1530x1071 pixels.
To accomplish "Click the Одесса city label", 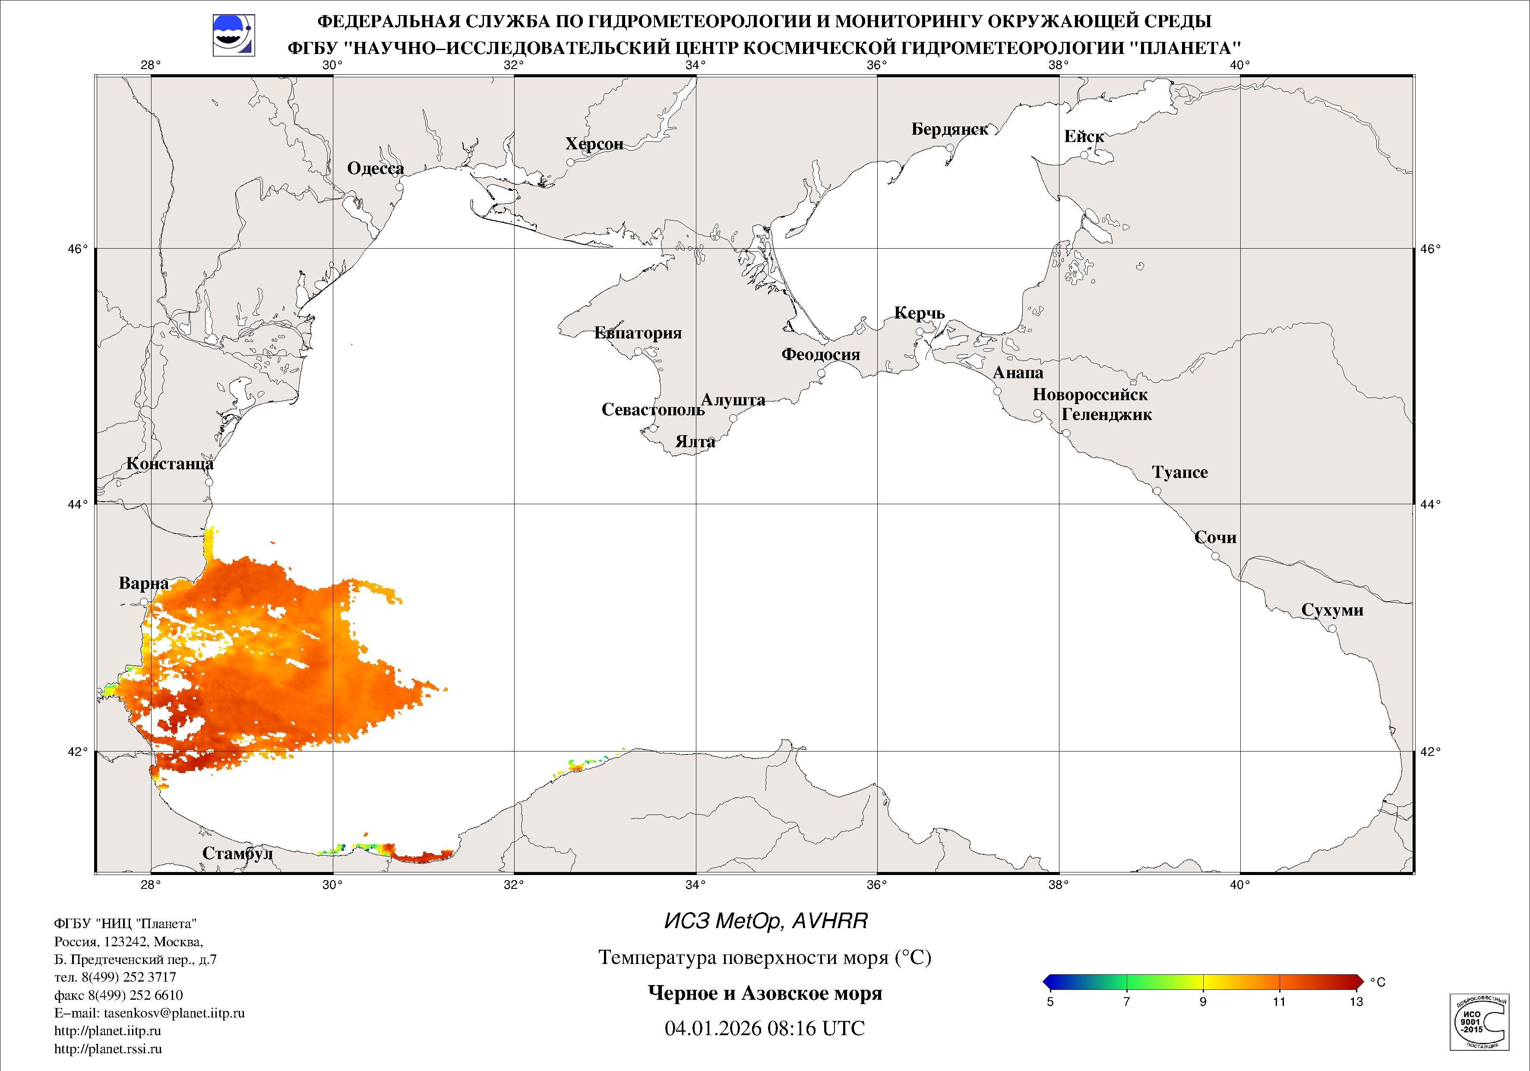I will tap(375, 169).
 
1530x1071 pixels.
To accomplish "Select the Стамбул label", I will tap(237, 854).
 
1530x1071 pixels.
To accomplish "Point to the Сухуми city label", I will tap(1332, 610).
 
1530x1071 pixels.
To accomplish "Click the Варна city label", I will tap(144, 584).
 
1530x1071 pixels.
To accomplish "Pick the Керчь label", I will tap(919, 313).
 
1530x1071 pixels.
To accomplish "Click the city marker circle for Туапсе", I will tap(1157, 491).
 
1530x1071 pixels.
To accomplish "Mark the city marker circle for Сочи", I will tap(1215, 556).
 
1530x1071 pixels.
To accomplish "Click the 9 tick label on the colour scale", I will tap(1203, 1001).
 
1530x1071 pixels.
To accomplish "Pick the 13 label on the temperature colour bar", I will tap(1356, 1001).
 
